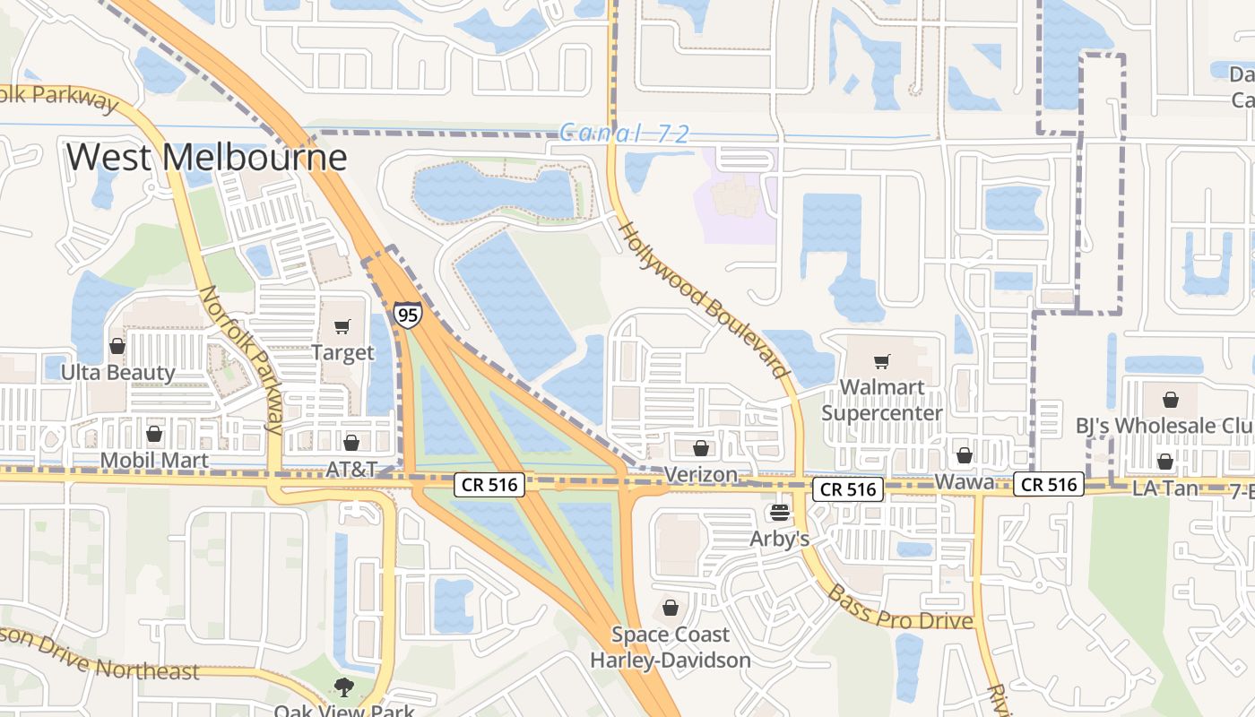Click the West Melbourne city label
coord(206,158)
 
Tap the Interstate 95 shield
coord(408,315)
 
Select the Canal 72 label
coord(625,134)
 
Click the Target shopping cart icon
coord(342,327)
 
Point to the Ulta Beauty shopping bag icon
coord(117,346)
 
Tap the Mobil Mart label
coord(154,461)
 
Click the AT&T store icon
coord(351,443)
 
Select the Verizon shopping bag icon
coord(701,448)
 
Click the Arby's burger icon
coord(780,513)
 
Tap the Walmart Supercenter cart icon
coord(882,362)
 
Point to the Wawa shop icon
coord(965,456)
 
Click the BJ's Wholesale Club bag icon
coord(1171,400)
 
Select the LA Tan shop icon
coord(1165,462)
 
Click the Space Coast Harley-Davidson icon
coord(671,609)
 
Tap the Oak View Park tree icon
coord(342,688)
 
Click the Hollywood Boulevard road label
coord(705,299)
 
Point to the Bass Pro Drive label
coord(899,608)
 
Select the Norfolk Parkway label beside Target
coord(240,358)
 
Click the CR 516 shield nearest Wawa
coord(1049,485)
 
